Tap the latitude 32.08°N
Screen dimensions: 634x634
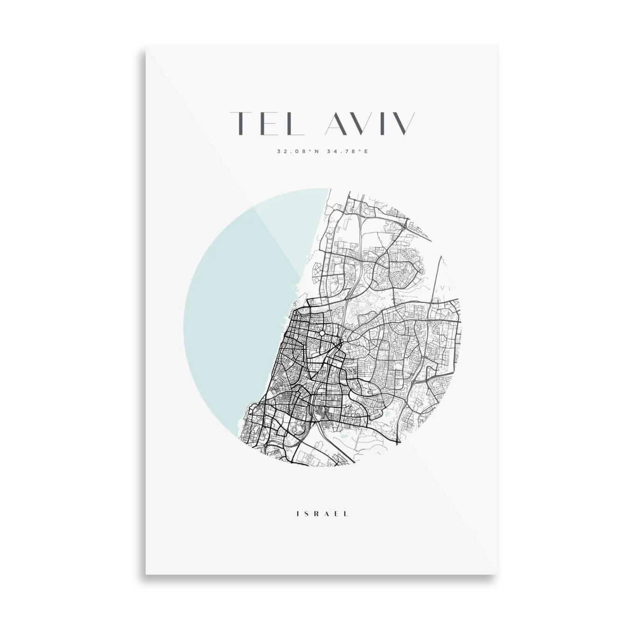[293, 151]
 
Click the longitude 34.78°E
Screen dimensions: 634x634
[343, 151]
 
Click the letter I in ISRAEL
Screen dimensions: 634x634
[297, 514]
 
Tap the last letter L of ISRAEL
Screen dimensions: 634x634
[346, 514]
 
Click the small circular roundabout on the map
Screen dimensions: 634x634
[322, 334]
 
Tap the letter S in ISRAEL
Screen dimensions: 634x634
[306, 514]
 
